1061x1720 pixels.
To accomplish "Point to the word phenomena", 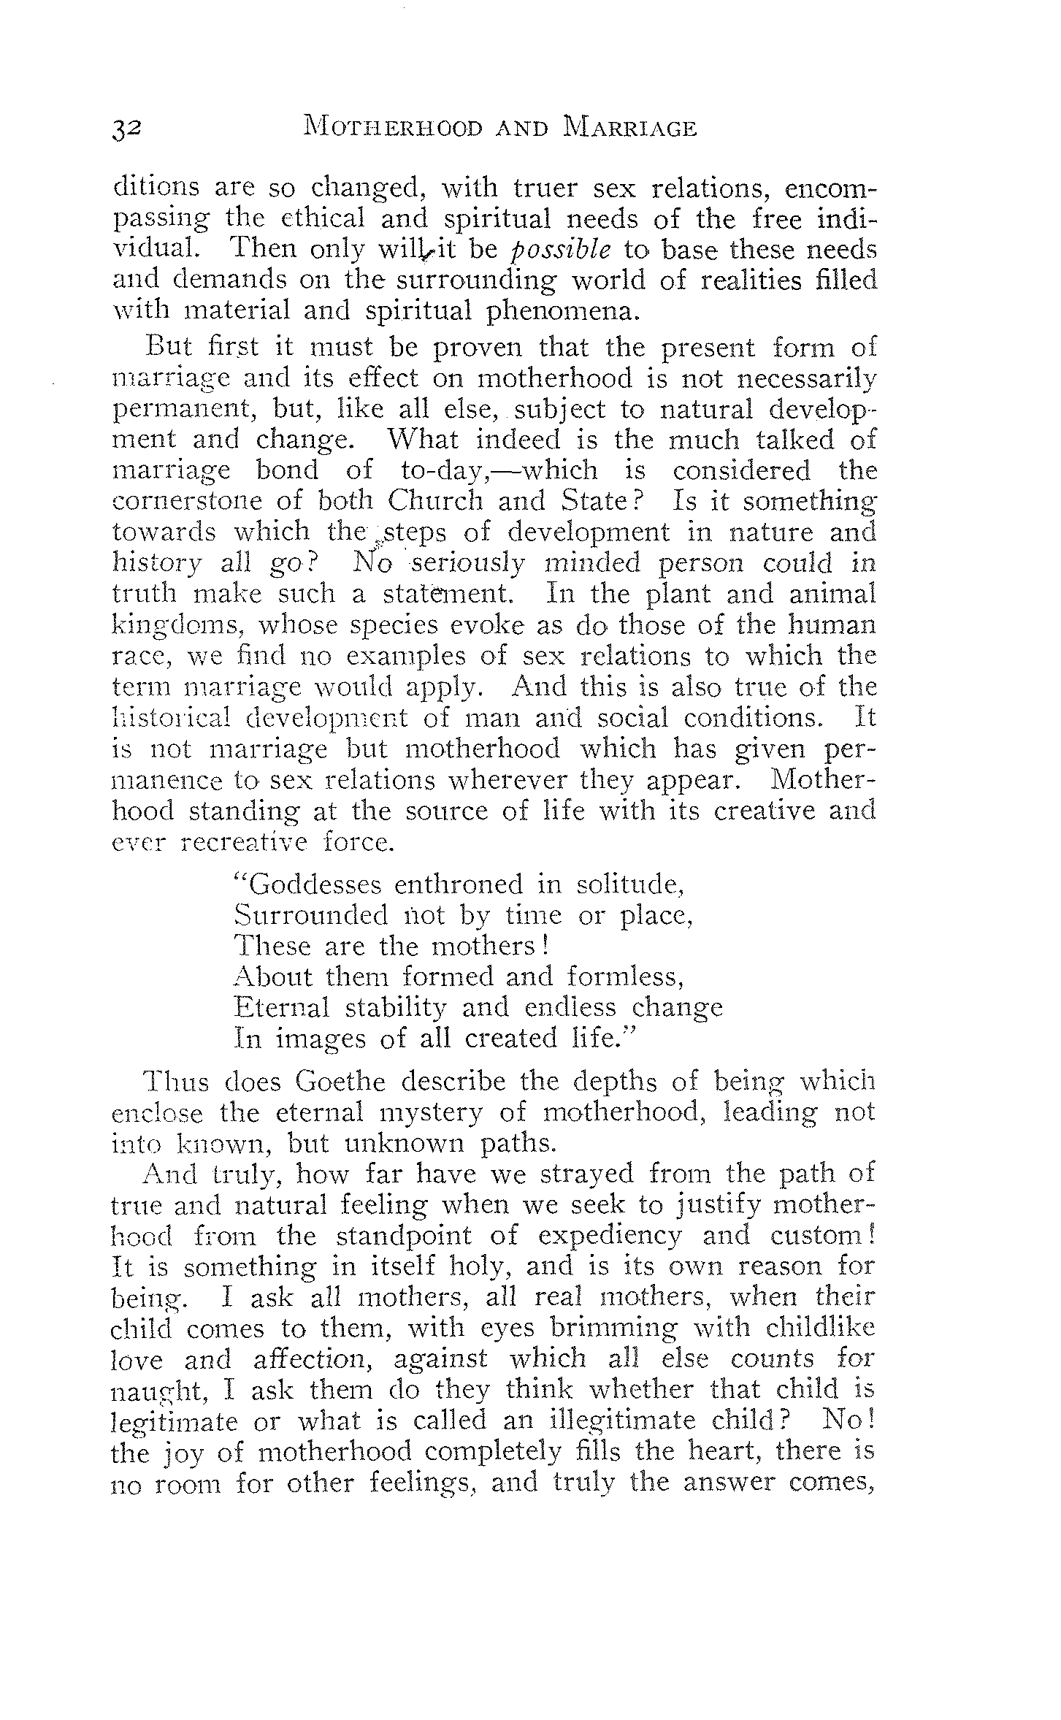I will pos(563,311).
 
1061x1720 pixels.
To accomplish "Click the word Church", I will pos(435,501).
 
